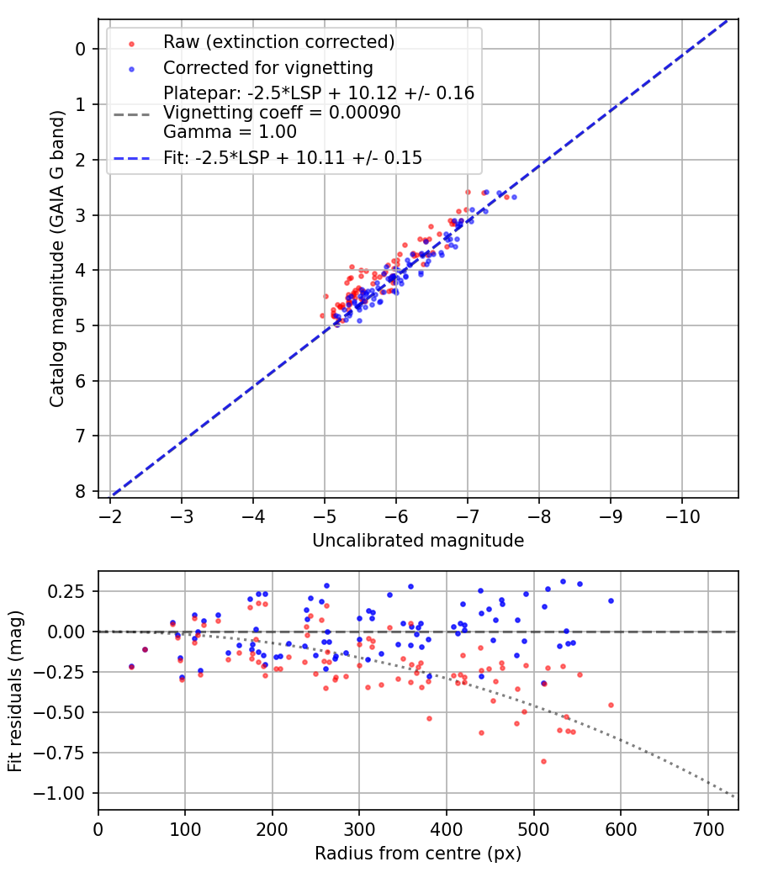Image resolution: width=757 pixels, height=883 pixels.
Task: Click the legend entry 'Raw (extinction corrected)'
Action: [x=278, y=42]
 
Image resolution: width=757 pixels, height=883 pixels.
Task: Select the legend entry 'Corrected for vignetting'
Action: [x=267, y=67]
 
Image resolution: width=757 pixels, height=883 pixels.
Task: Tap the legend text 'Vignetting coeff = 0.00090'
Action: [x=282, y=113]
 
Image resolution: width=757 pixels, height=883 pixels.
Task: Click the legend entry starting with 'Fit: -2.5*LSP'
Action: [x=292, y=157]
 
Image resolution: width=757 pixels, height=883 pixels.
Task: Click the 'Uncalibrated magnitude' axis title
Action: [x=418, y=541]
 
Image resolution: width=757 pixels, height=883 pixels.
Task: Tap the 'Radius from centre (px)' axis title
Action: [x=418, y=854]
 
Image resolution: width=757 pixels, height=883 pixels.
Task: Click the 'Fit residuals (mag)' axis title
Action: [x=15, y=691]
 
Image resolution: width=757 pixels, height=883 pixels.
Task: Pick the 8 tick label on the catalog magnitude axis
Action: [x=81, y=491]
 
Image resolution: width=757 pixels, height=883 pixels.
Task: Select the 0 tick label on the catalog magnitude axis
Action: [x=81, y=49]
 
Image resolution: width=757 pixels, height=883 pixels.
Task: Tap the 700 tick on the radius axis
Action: [x=707, y=828]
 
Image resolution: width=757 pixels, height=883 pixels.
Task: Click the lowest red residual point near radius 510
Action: [x=543, y=761]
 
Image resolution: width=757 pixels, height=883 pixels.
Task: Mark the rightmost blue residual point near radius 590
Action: [x=611, y=600]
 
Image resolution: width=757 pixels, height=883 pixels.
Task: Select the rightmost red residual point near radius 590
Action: [x=611, y=705]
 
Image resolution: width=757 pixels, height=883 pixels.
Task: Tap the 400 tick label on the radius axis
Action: [x=447, y=828]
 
